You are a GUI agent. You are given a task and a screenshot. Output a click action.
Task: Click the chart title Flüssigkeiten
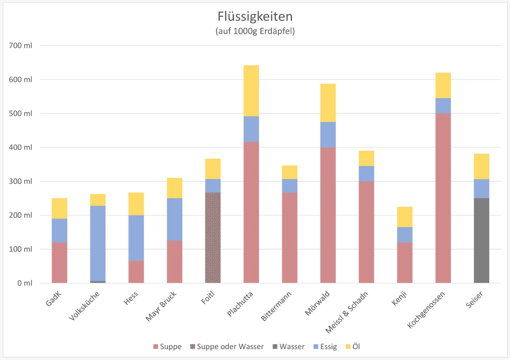click(255, 17)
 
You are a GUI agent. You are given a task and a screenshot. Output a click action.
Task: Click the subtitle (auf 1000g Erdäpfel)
click(255, 31)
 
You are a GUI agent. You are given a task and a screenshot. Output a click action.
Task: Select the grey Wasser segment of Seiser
click(481, 241)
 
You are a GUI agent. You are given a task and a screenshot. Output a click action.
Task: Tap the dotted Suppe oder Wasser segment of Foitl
click(213, 238)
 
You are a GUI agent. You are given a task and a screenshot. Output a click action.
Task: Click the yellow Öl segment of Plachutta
click(251, 91)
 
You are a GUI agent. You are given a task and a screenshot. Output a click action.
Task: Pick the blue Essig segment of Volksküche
click(98, 243)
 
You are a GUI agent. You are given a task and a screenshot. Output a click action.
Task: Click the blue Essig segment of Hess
click(136, 238)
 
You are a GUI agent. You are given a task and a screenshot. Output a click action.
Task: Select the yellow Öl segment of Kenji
click(404, 217)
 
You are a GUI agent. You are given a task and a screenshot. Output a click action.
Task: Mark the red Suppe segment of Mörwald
click(328, 215)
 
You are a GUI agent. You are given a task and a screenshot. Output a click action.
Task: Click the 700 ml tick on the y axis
click(20, 46)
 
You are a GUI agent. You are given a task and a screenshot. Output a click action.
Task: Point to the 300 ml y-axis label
click(20, 181)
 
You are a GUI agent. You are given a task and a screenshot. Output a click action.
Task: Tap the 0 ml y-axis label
click(25, 283)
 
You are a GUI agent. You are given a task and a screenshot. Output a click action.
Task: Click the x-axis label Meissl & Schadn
click(347, 312)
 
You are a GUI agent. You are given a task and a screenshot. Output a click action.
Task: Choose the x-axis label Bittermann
click(276, 306)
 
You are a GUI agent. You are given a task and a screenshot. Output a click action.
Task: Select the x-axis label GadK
click(54, 299)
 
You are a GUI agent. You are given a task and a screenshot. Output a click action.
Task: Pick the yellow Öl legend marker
click(348, 347)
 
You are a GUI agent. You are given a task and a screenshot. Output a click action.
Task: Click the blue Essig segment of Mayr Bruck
click(175, 219)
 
